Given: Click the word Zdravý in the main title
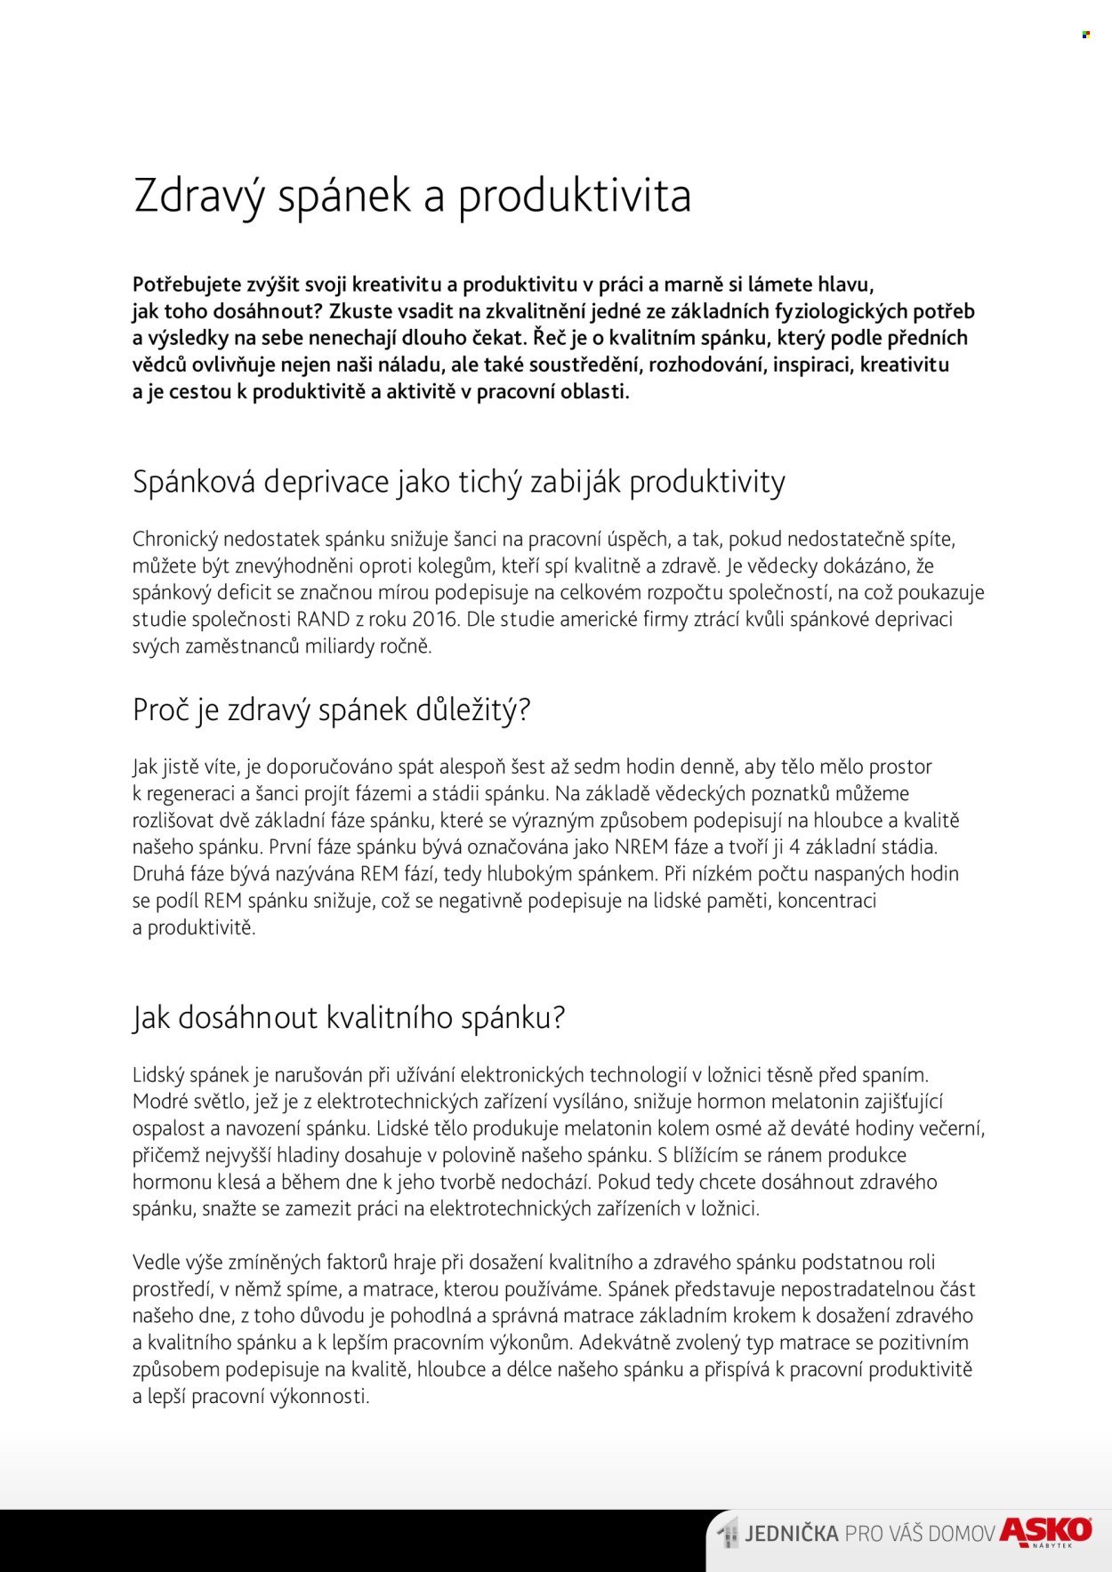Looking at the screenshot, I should tap(198, 196).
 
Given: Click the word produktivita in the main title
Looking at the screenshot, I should tap(574, 196).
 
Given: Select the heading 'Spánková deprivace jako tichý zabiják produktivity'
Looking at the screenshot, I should tap(459, 482).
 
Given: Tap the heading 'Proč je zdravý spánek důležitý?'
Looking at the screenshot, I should tap(331, 710).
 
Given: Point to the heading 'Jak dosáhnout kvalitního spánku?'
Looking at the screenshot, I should tap(349, 1017).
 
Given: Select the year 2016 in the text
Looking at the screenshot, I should tap(435, 620).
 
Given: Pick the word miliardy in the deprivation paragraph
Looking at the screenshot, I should tap(341, 646).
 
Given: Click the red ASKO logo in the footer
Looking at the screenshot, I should tap(1046, 1531).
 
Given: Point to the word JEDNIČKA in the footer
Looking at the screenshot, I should tap(792, 1534).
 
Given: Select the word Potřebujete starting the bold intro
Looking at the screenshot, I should tap(187, 285).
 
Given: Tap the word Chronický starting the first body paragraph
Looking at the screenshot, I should tap(174, 540).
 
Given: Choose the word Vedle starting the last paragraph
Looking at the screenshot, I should tap(156, 1263).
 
